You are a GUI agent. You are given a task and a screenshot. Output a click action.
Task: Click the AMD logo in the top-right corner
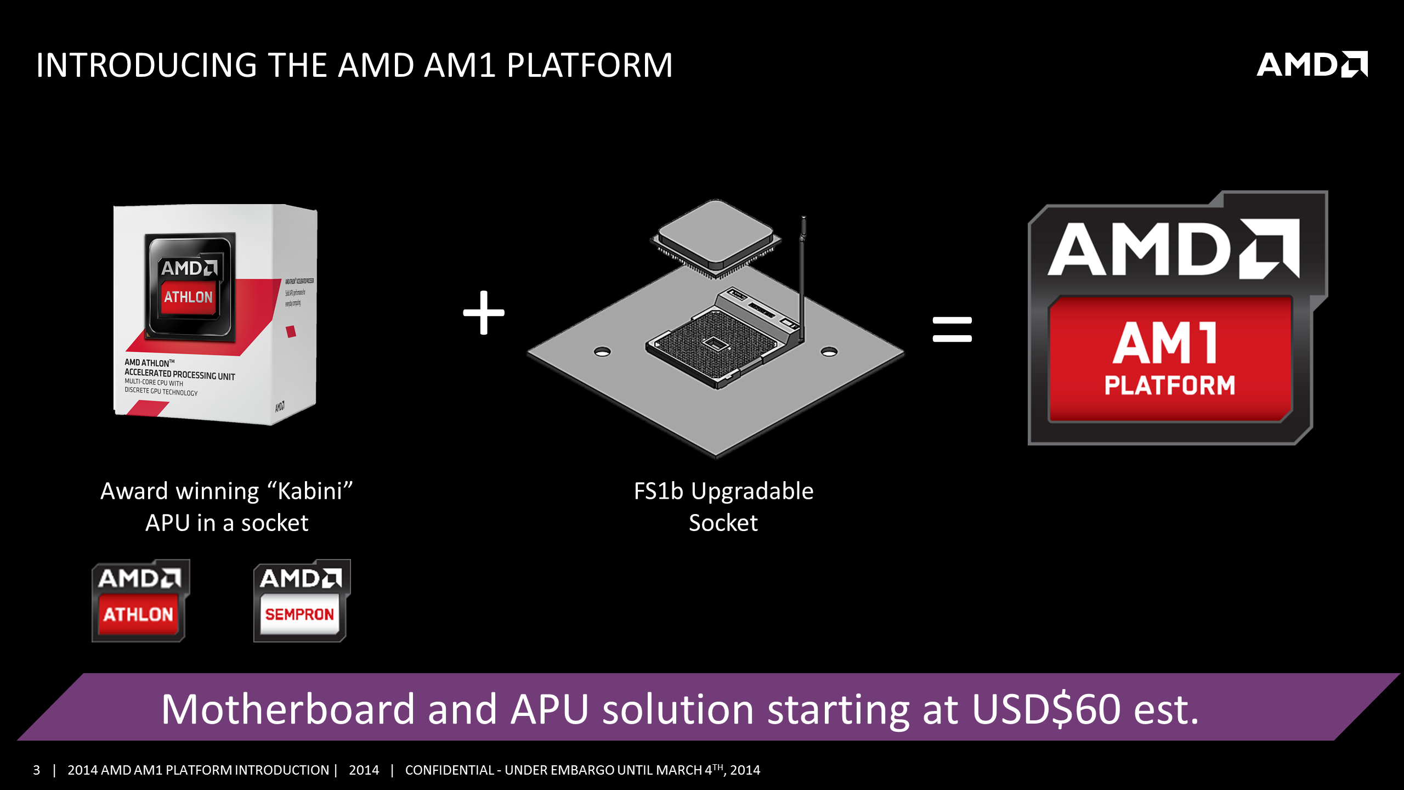pyautogui.click(x=1311, y=65)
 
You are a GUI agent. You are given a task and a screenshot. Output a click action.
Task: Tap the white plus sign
pyautogui.click(x=483, y=313)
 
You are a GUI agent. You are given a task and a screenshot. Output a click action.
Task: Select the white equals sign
pyautogui.click(x=952, y=329)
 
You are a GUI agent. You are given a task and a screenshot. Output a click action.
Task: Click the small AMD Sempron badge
pyautogui.click(x=301, y=601)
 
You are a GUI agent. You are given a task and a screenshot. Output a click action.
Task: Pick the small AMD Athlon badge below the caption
pyautogui.click(x=140, y=601)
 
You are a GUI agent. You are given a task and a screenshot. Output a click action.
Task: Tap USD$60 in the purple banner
pyautogui.click(x=1046, y=709)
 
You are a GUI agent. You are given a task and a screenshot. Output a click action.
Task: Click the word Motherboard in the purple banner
pyautogui.click(x=287, y=709)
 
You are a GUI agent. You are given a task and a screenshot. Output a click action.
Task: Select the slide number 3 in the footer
pyautogui.click(x=37, y=770)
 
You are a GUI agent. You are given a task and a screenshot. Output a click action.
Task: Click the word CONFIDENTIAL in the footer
pyautogui.click(x=449, y=770)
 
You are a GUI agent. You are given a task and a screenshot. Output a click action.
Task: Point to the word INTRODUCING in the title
pyautogui.click(x=146, y=65)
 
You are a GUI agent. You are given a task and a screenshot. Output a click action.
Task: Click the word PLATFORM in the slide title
pyautogui.click(x=590, y=65)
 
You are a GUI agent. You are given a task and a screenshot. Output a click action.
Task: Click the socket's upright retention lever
pyautogui.click(x=802, y=274)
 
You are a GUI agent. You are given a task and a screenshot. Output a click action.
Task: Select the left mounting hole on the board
pyautogui.click(x=602, y=352)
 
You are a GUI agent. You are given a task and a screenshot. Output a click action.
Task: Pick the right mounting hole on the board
pyautogui.click(x=829, y=352)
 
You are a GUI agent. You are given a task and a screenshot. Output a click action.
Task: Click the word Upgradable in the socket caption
pyautogui.click(x=752, y=491)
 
